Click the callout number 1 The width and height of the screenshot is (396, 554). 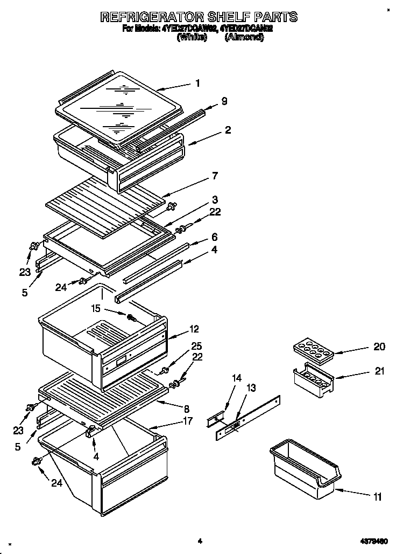(x=197, y=83)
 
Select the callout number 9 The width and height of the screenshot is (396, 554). (x=224, y=101)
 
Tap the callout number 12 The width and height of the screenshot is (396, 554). (x=194, y=329)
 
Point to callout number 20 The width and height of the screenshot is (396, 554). (x=379, y=347)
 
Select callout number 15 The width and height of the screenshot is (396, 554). (x=96, y=308)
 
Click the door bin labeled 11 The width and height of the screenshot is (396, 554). (x=305, y=468)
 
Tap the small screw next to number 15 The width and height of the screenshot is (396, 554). (x=130, y=317)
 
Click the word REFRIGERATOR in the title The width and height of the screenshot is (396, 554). (x=161, y=17)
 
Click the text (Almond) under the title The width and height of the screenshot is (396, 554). (x=244, y=37)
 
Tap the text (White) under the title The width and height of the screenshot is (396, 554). (x=192, y=37)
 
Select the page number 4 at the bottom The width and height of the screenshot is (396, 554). (x=199, y=541)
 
